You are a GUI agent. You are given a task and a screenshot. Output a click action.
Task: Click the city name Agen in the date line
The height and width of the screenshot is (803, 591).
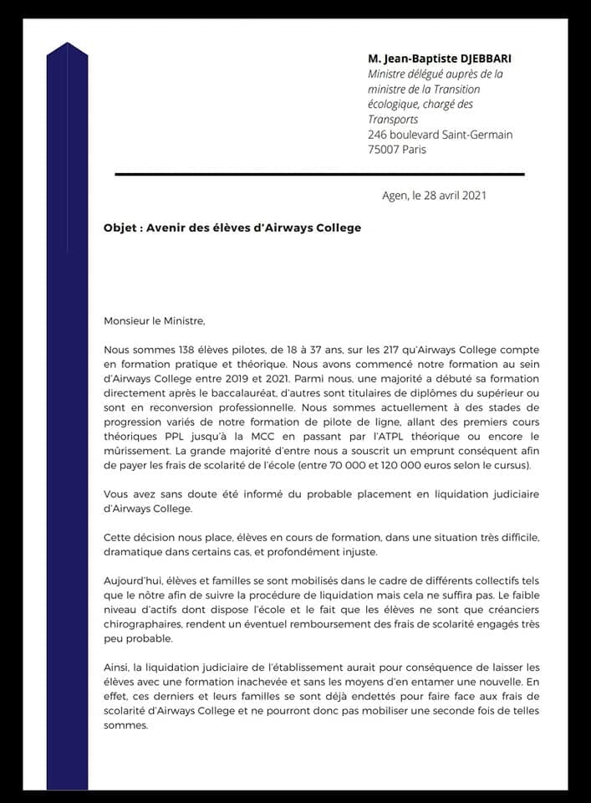(x=392, y=196)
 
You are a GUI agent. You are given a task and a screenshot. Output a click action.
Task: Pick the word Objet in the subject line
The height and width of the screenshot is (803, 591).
(x=120, y=228)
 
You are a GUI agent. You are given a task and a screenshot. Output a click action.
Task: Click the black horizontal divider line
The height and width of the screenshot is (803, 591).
(x=318, y=174)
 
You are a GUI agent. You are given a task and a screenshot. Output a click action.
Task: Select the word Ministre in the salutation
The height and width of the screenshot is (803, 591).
(x=184, y=320)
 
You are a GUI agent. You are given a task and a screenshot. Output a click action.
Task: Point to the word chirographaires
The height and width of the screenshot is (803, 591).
(x=147, y=624)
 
